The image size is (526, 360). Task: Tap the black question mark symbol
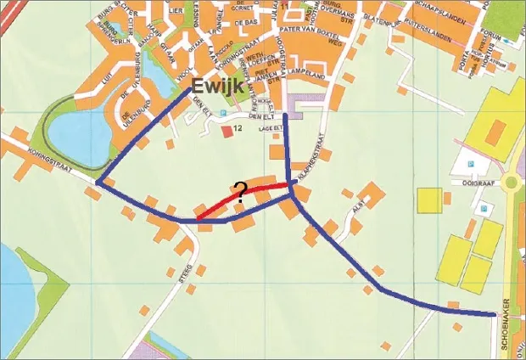240,191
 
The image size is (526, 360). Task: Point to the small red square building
227,131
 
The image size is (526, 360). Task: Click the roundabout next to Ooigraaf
512,182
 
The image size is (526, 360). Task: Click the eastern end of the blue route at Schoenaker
494,315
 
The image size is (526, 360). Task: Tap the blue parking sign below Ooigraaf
484,208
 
